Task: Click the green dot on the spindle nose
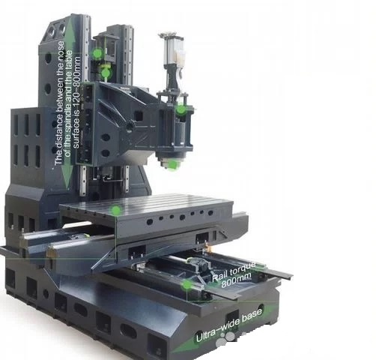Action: click(172, 165)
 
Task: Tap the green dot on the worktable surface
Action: click(115, 211)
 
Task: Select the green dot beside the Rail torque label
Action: click(187, 285)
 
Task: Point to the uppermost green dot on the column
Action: click(97, 53)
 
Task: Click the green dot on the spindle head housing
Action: click(181, 109)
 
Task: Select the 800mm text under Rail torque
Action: click(236, 280)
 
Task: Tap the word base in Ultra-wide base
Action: click(250, 316)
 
